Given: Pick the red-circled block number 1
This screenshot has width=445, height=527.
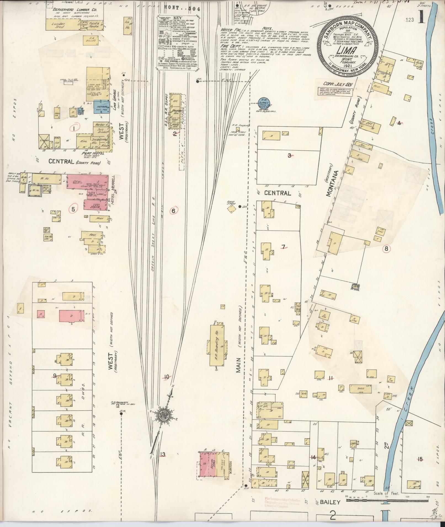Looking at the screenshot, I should point(74,128).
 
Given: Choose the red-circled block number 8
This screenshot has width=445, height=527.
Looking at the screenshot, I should point(386,249).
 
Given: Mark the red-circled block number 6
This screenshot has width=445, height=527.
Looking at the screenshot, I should point(173,211).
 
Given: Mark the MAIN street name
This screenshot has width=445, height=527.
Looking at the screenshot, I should point(239,365).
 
